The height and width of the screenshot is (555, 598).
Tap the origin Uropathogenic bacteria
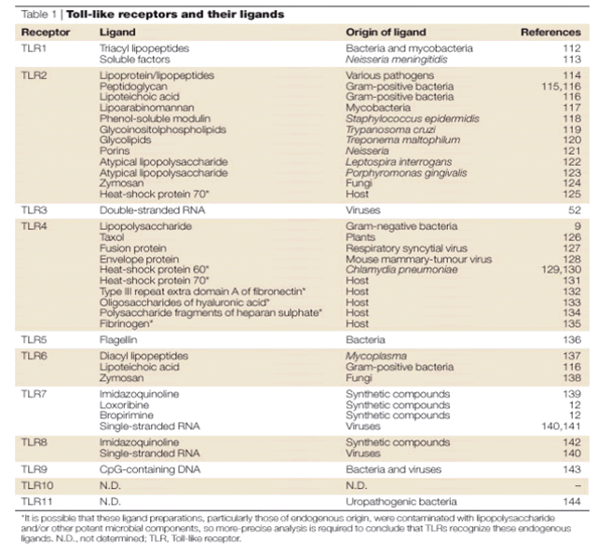pyautogui.click(x=395, y=475)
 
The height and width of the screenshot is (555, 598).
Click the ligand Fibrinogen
pyautogui.click(x=121, y=325)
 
